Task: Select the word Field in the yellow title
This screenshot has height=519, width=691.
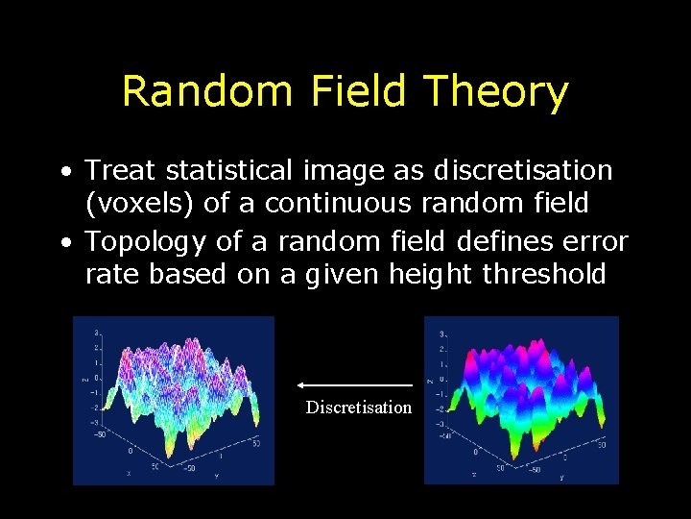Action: click(x=359, y=92)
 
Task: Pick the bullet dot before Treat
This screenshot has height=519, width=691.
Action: click(x=63, y=172)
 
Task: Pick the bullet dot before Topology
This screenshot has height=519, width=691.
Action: click(x=63, y=242)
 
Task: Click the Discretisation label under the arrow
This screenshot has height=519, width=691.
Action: click(x=358, y=408)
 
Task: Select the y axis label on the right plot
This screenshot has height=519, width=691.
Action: click(x=561, y=477)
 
